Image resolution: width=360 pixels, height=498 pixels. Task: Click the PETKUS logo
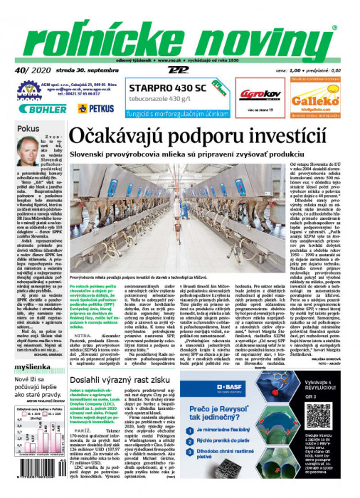pyautogui.click(x=95, y=108)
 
